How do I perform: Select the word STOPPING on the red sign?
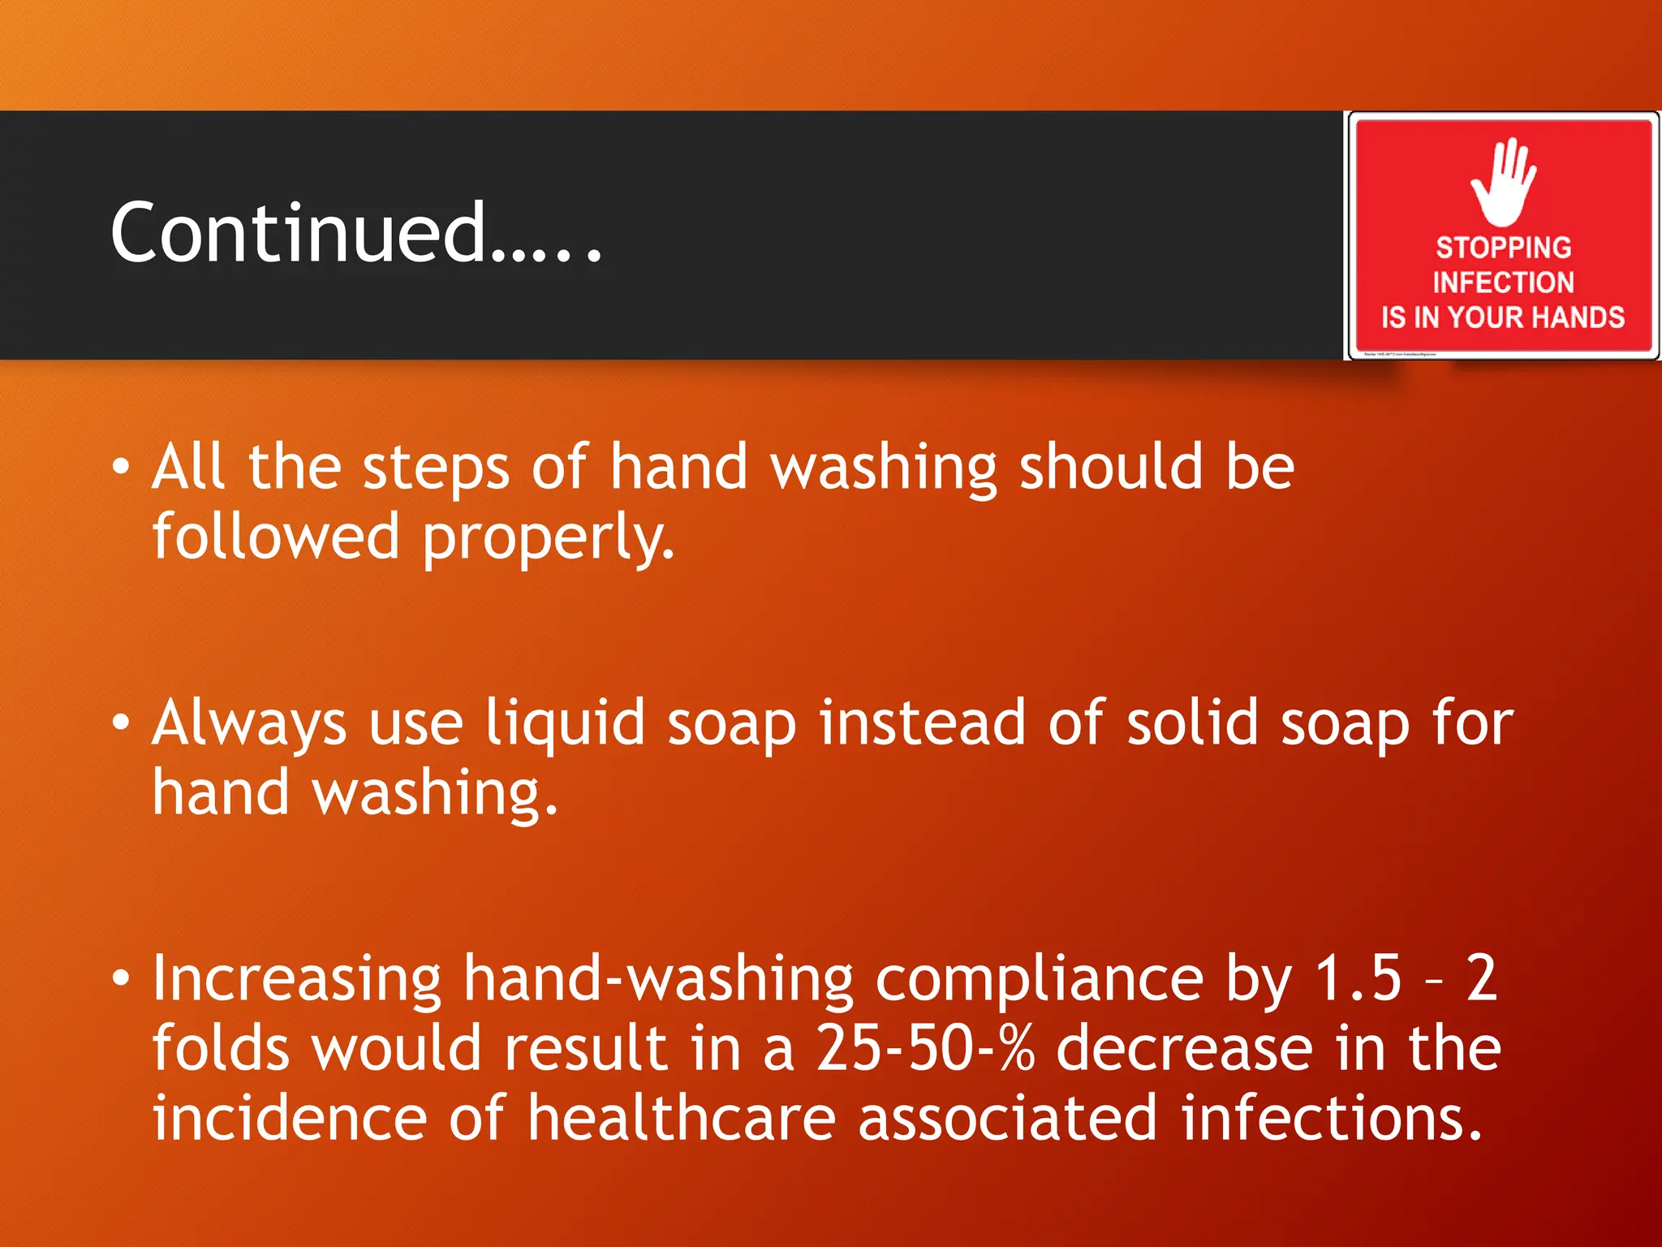1503,247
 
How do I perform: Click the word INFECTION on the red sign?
1503,282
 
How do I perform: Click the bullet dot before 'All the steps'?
120,467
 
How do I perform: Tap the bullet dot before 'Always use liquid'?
120,722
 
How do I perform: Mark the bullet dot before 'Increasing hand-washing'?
120,977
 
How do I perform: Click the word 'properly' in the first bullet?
548,538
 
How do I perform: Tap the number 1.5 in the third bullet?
1357,977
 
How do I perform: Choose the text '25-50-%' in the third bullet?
925,1048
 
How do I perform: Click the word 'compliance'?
1040,979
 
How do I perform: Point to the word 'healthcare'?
681,1118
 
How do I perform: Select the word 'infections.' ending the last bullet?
1332,1118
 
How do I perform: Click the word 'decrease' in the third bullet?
1184,1048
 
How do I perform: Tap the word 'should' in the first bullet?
1110,467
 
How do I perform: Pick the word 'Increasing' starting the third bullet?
297,979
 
